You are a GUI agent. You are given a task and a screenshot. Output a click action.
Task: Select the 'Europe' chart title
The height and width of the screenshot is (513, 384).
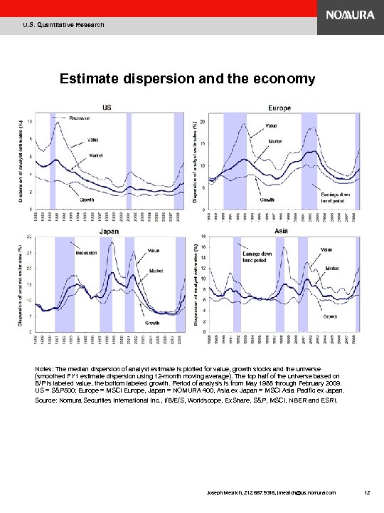coord(279,108)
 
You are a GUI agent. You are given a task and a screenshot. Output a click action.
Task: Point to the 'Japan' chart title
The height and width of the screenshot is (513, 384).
coord(107,230)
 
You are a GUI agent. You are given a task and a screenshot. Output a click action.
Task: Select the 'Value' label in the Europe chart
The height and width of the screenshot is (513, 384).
coord(272,125)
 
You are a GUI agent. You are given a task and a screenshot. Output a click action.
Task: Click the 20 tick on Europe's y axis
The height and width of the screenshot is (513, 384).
coord(203,123)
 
